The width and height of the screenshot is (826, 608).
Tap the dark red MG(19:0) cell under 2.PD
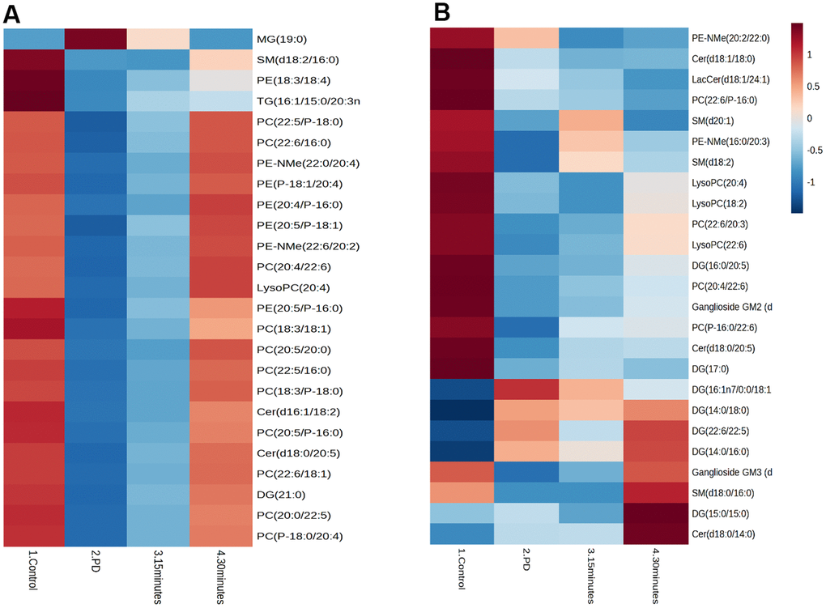click(x=96, y=39)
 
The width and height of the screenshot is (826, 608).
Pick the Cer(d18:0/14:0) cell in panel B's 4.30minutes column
click(x=656, y=534)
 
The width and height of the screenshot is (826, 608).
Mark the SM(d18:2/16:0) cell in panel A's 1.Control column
click(x=34, y=60)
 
